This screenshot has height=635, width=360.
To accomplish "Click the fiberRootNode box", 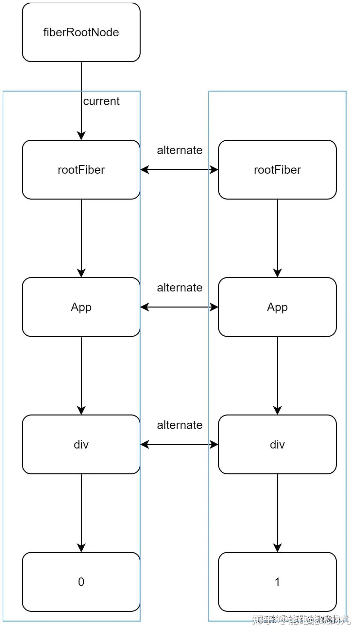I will click(81, 32).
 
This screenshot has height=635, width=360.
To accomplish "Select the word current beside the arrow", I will click(101, 101).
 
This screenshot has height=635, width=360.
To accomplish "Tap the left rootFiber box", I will click(81, 169).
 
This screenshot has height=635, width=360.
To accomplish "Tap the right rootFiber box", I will click(277, 169).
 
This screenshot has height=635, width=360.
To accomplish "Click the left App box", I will click(81, 307).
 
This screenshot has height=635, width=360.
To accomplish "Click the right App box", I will click(277, 307).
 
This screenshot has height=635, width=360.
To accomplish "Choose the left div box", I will click(81, 444).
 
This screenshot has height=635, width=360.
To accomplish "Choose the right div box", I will click(277, 444).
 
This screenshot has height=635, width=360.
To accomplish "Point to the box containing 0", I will click(81, 582).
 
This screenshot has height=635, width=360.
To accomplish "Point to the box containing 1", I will click(277, 582).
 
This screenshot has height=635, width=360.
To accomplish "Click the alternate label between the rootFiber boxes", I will click(180, 150).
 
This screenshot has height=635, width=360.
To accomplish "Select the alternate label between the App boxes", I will click(180, 288).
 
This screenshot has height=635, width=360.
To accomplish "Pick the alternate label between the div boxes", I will click(180, 425).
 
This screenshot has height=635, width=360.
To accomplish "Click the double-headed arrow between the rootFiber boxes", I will click(179, 169).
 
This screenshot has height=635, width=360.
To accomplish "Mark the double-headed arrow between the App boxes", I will click(179, 307).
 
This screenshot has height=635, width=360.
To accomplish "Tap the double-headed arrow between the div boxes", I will click(179, 444).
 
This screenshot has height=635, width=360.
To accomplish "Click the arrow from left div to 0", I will click(81, 512).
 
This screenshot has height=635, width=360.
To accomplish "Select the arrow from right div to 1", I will click(277, 512).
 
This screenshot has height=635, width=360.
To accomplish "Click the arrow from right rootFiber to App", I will click(277, 237).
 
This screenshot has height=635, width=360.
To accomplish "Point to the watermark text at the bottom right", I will click(301, 619).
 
